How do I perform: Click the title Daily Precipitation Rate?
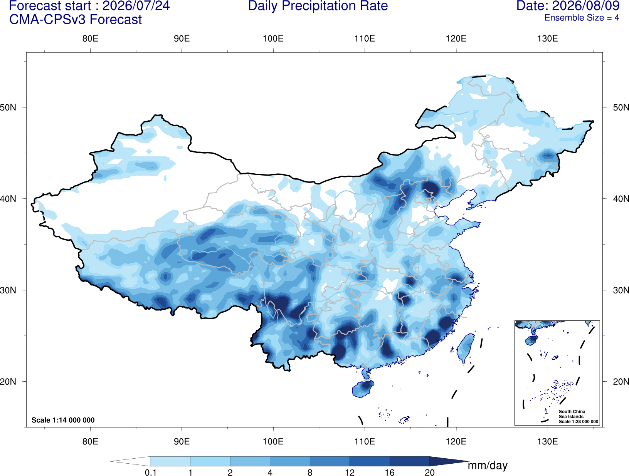[318, 6]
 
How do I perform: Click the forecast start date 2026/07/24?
[136, 6]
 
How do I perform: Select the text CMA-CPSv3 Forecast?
[76, 20]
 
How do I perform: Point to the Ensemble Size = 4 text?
[582, 18]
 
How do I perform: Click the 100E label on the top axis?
[273, 39]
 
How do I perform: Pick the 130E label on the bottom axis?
[547, 441]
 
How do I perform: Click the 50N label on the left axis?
[8, 107]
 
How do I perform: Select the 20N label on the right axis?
[621, 381]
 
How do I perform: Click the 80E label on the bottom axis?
[90, 441]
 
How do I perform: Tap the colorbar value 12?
[350, 472]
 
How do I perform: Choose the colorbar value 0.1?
[150, 472]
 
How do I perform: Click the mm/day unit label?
[488, 466]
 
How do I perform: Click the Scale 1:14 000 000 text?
[63, 420]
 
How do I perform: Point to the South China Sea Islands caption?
[572, 414]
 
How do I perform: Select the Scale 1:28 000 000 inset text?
[578, 421]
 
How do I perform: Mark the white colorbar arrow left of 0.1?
[130, 461]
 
